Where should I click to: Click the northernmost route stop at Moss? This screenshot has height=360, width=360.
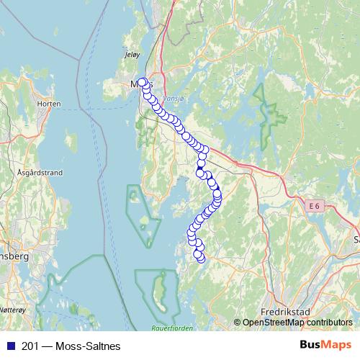(142, 82)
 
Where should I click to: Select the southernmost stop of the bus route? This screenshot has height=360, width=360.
(201, 258)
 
